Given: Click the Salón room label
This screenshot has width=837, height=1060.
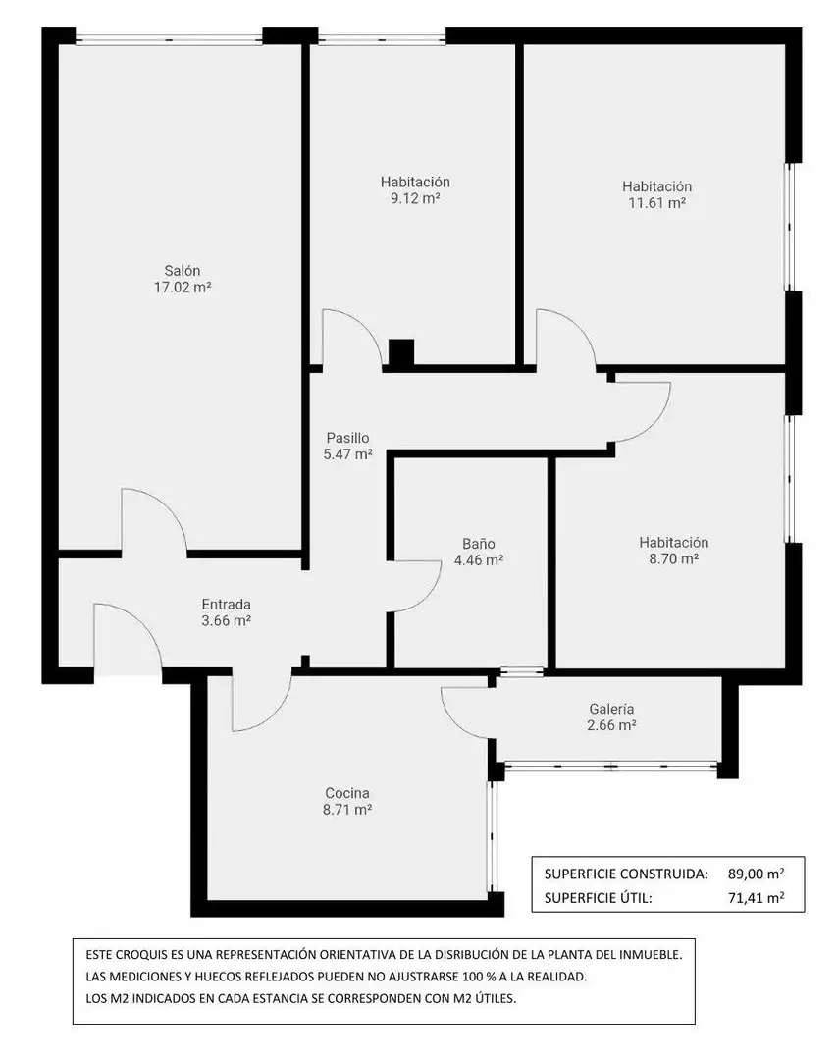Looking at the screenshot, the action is pyautogui.click(x=182, y=271).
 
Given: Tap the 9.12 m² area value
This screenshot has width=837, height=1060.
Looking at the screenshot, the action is pyautogui.click(x=415, y=198).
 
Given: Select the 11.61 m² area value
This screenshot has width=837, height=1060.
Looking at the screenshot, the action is pyautogui.click(x=657, y=203).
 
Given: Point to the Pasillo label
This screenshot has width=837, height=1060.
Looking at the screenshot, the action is pyautogui.click(x=347, y=438).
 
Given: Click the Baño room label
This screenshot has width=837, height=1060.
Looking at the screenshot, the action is pyautogui.click(x=479, y=544).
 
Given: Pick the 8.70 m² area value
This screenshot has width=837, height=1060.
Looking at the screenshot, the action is pyautogui.click(x=673, y=559).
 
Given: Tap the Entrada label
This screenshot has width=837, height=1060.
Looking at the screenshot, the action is pyautogui.click(x=226, y=605).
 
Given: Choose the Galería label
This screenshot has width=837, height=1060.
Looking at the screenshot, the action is pyautogui.click(x=611, y=709).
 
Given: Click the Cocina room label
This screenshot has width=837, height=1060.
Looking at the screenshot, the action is pyautogui.click(x=346, y=793).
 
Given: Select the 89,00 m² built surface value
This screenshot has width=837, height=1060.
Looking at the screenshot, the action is pyautogui.click(x=756, y=874).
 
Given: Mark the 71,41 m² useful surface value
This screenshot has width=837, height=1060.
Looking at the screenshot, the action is pyautogui.click(x=756, y=898).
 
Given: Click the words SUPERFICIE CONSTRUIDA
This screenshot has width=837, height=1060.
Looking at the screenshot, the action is pyautogui.click(x=626, y=874).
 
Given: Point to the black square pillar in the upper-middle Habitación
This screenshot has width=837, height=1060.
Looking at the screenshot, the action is pyautogui.click(x=401, y=352).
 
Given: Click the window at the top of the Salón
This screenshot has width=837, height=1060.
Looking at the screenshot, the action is pyautogui.click(x=169, y=38).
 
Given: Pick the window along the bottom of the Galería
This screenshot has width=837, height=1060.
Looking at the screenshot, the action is pyautogui.click(x=610, y=767).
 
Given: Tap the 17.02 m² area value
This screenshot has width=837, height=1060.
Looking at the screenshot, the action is pyautogui.click(x=183, y=288).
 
